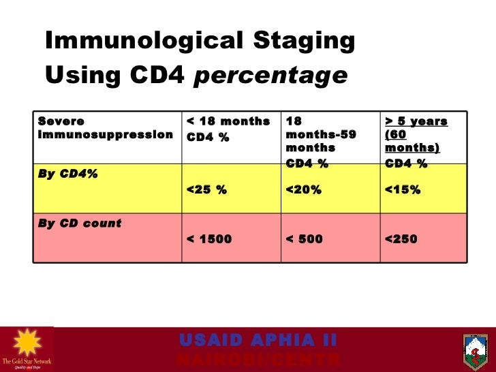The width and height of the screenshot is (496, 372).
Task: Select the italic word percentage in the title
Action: [270, 76]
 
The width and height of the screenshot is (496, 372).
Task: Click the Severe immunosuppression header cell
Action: [105, 128]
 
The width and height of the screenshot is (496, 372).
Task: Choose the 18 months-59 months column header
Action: [320, 134]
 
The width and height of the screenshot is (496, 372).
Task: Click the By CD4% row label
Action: [68, 174]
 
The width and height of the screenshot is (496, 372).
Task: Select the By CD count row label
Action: [80, 223]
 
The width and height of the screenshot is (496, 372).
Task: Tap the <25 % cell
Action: [206, 189]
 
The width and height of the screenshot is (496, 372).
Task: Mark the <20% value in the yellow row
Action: [304, 189]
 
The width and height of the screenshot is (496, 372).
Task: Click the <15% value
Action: [403, 189]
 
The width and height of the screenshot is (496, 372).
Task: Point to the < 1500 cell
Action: [209, 239]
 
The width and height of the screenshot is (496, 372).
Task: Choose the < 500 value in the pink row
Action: [305, 239]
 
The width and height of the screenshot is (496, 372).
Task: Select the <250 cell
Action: [401, 239]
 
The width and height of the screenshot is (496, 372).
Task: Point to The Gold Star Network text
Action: [27, 361]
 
